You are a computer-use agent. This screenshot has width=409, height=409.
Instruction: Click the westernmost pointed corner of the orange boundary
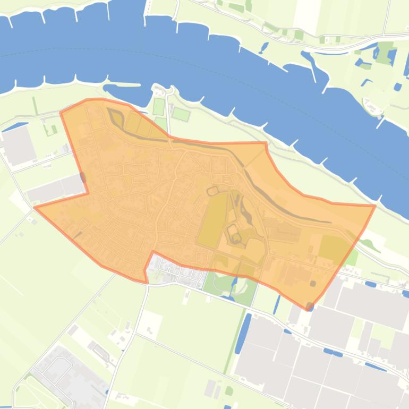point(35,207)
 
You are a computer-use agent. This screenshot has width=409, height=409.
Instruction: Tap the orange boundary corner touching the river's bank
point(375,206)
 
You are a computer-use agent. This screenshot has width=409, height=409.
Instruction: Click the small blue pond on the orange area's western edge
point(82,178)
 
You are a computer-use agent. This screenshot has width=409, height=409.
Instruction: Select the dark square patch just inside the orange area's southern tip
point(313,283)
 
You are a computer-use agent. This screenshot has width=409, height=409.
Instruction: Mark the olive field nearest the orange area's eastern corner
point(333,248)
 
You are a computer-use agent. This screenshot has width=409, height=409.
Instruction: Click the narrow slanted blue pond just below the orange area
point(276,304)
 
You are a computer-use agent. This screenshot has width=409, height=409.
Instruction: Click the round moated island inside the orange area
point(234,237)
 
